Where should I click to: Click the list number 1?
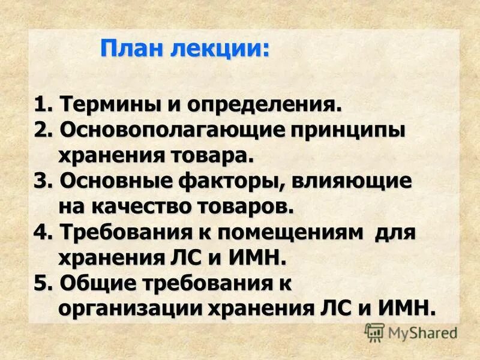click(x=40, y=105)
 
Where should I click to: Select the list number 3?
click(x=40, y=182)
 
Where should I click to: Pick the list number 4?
click(x=40, y=233)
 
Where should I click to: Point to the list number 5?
click(x=40, y=284)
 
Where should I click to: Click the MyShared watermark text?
click(x=422, y=332)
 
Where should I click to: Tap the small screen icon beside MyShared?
click(x=374, y=332)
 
